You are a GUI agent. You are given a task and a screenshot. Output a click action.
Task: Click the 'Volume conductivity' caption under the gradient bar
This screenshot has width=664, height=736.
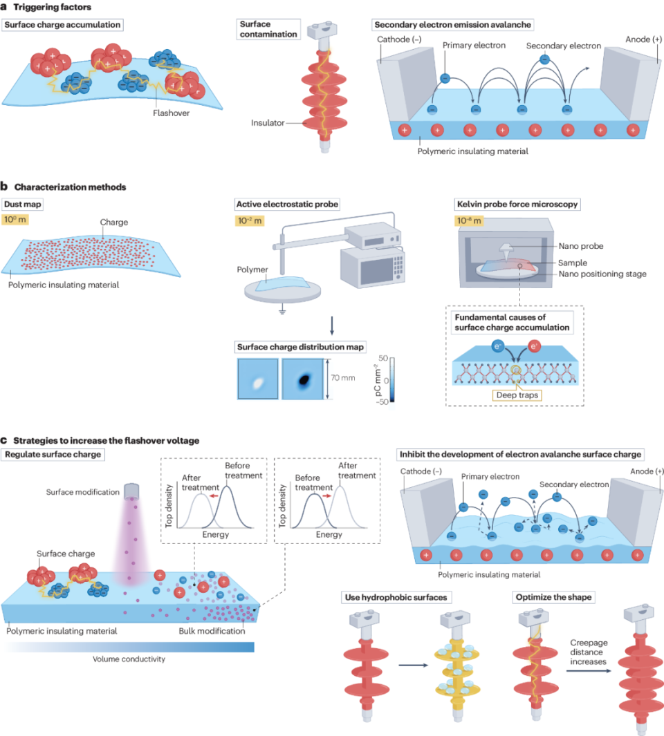(128, 659)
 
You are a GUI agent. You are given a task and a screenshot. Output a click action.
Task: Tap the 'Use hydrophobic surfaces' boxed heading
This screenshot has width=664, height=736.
(397, 596)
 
